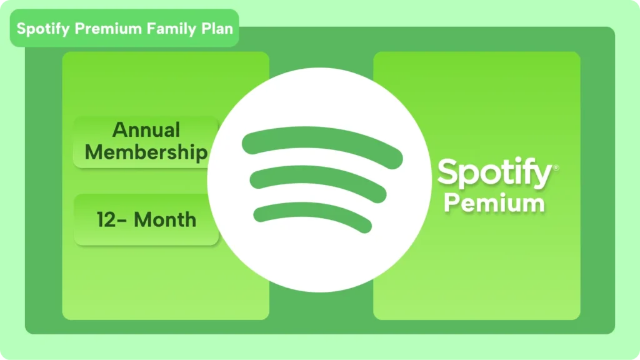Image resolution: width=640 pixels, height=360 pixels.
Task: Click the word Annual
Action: pos(146,130)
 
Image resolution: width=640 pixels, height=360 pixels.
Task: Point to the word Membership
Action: pos(146,152)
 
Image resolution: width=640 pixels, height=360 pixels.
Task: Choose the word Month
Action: pos(165,220)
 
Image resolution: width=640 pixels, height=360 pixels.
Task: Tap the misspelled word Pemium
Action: pos(494,204)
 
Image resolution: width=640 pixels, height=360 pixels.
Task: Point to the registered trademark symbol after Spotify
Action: pos(556,167)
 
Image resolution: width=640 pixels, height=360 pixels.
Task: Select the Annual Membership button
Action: pos(146,142)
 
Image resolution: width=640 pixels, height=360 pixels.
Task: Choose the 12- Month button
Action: pos(146,220)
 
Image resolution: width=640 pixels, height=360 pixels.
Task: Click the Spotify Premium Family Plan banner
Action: pos(124,29)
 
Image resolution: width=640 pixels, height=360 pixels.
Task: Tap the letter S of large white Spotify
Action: pos(448,172)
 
